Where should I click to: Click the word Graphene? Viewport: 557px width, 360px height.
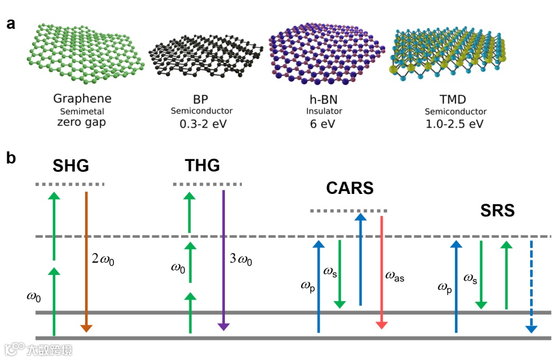(82, 99)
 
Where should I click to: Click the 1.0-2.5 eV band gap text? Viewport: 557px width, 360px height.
(455, 124)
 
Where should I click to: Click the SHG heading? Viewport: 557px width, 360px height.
(71, 166)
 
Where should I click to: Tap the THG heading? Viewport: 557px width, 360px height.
(202, 166)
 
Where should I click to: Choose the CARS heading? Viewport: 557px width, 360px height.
(350, 188)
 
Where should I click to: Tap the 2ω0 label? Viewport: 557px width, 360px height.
(103, 259)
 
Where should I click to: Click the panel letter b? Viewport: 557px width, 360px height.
(11, 158)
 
